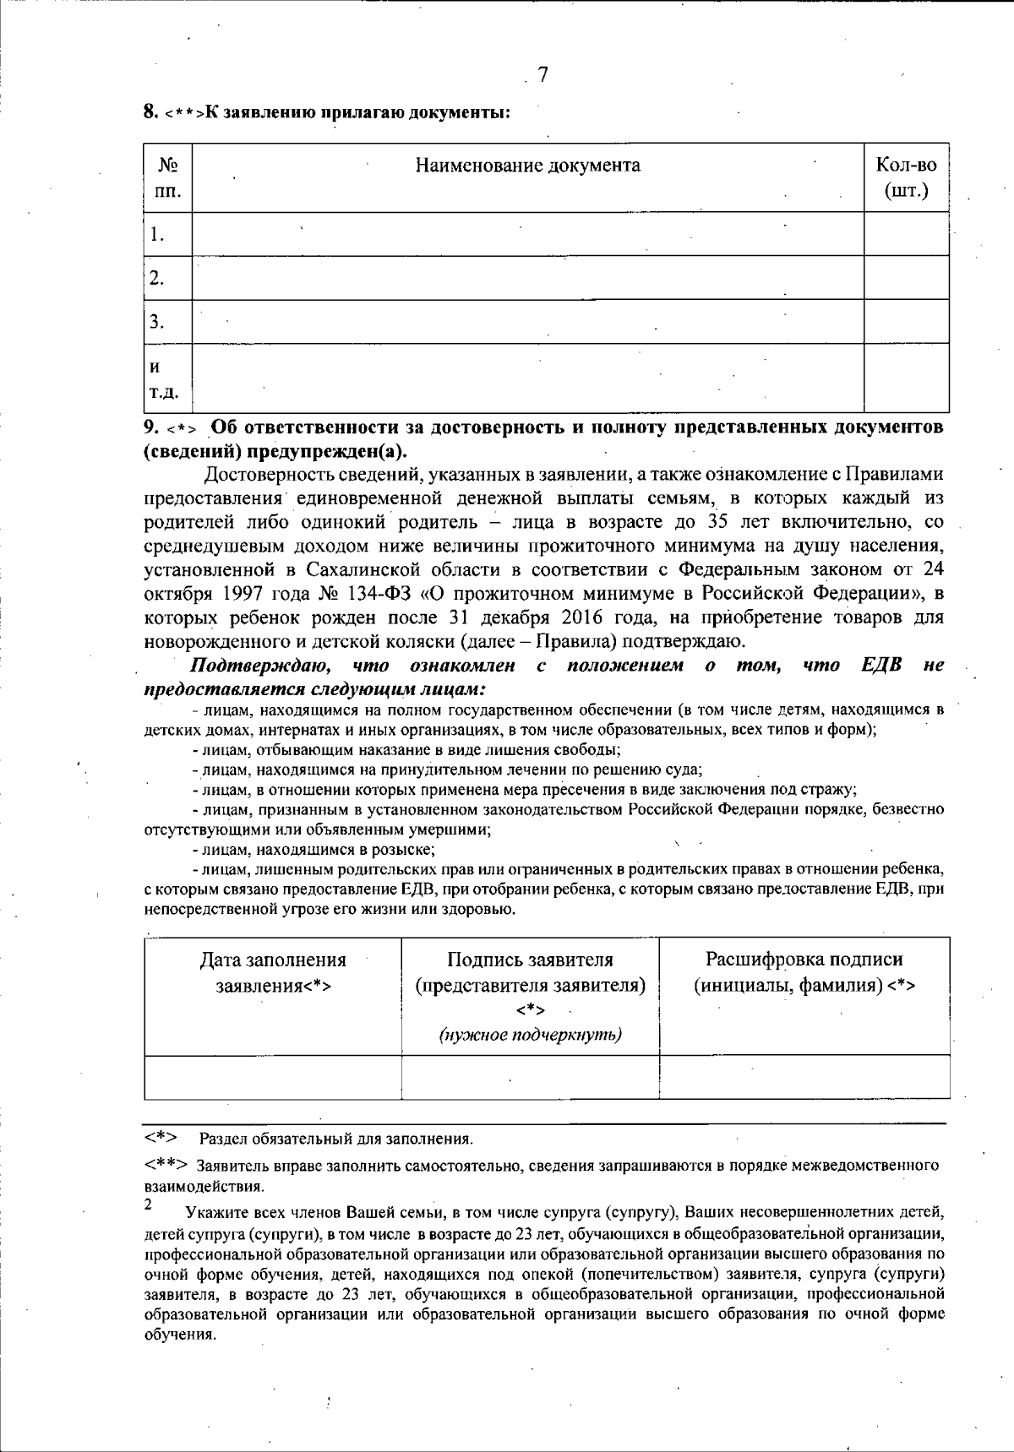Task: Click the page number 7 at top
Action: [542, 76]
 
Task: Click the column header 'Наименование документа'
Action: [527, 166]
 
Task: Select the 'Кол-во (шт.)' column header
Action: [906, 178]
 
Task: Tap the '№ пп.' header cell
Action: [167, 178]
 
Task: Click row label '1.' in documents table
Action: [156, 235]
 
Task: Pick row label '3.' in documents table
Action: [156, 322]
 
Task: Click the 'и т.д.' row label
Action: [163, 379]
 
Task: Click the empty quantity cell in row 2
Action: [906, 278]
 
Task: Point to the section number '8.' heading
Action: [151, 112]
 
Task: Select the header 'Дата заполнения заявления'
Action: [272, 972]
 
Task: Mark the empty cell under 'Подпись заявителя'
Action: [531, 1078]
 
